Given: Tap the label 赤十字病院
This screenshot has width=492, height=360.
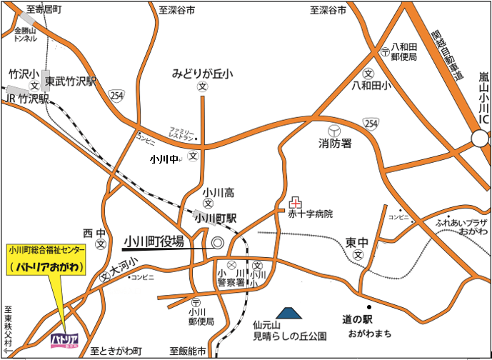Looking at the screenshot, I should [x=311, y=214].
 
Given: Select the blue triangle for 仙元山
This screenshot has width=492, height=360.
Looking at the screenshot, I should [x=289, y=312].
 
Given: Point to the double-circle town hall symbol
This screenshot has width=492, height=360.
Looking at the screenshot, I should [x=217, y=243].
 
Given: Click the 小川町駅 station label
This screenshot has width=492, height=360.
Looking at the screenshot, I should [x=216, y=219].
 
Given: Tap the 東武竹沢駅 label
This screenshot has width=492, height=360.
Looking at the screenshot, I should [x=71, y=82].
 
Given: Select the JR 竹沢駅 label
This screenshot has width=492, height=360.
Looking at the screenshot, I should [x=25, y=99].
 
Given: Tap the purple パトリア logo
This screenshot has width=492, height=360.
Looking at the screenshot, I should [x=64, y=340].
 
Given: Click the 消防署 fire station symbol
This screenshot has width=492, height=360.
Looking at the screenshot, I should [x=334, y=130].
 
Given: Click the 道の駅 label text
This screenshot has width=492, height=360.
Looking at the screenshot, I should [x=357, y=320].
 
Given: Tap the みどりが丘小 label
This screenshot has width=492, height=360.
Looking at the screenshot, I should [x=203, y=74].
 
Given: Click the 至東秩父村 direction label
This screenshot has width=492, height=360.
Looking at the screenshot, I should [x=9, y=329].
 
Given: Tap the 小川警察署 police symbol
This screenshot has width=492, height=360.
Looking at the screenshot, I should [x=231, y=266].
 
